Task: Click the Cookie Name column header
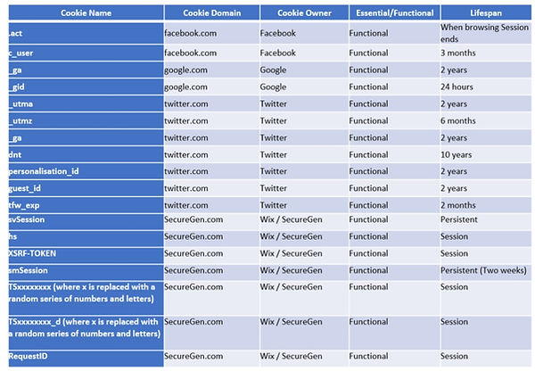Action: click(x=85, y=13)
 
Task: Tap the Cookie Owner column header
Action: click(x=302, y=13)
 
